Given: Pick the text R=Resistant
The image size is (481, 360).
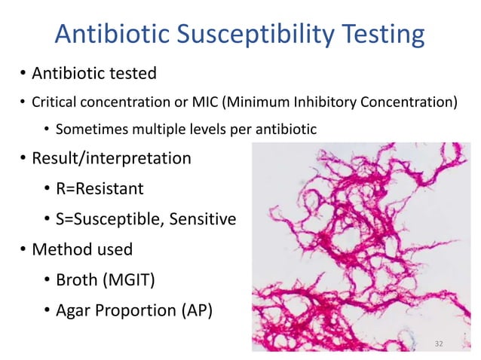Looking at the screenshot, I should pyautogui.click(x=100, y=189).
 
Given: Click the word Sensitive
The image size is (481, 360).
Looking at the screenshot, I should pyautogui.click(x=203, y=219).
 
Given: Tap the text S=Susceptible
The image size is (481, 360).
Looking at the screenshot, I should pyautogui.click(x=107, y=219).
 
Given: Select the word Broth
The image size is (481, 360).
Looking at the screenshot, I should pyautogui.click(x=78, y=279).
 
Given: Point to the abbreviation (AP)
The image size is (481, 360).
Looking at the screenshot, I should pyautogui.click(x=193, y=310).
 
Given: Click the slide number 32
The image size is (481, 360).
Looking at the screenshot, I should pyautogui.click(x=440, y=343).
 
